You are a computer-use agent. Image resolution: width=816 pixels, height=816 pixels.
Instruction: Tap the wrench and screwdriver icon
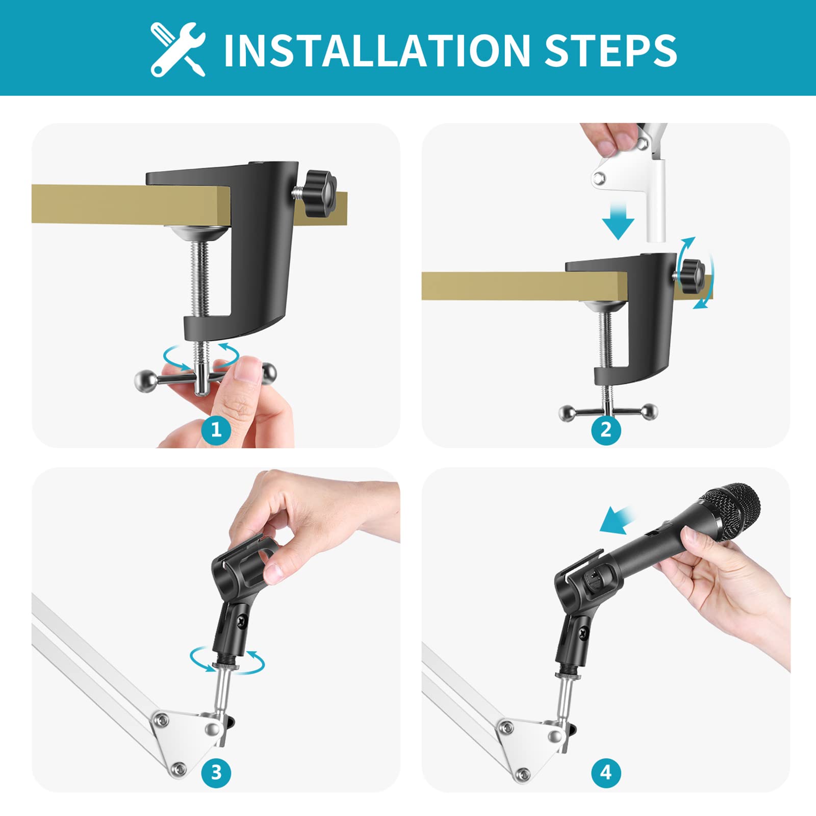point(178,49)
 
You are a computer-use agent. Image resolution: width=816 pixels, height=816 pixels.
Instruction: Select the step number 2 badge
point(606,429)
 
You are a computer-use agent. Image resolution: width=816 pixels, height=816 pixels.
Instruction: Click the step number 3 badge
point(216,772)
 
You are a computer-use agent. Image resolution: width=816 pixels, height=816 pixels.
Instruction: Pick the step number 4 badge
point(606,772)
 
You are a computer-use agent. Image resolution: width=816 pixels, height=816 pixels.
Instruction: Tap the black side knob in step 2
point(693,276)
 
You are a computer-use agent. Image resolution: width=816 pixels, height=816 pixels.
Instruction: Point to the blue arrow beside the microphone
point(617,520)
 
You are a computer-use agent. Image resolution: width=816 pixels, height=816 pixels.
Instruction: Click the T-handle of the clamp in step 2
point(608,411)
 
